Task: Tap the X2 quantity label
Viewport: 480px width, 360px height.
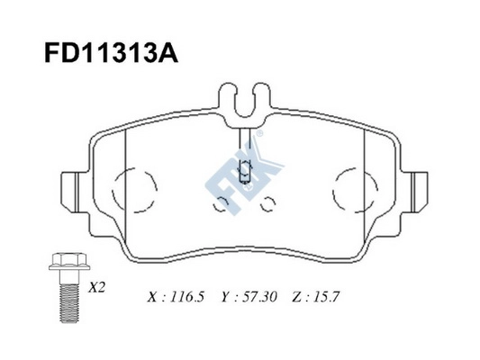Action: coord(96,290)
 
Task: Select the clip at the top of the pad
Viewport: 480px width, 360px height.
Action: coord(245,102)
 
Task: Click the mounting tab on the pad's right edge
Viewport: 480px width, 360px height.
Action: coord(416,190)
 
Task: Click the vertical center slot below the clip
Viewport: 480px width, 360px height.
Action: coord(245,137)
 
